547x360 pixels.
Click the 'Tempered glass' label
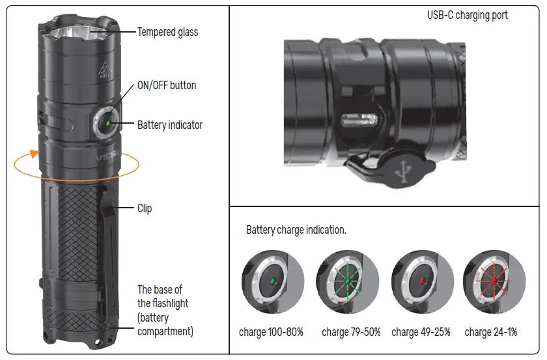point(167,31)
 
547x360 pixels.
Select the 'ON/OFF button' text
point(167,85)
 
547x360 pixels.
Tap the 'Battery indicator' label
point(170,125)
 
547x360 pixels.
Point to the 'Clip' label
point(145,208)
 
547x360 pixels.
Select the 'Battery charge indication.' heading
point(296,230)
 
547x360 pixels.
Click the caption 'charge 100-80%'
point(271,332)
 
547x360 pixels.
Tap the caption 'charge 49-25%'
point(421,332)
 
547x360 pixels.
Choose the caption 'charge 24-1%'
point(491,332)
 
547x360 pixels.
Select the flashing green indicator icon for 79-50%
point(347,280)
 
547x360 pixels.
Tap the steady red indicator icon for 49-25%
point(422,280)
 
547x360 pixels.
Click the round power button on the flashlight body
point(105,122)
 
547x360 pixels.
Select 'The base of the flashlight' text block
point(165,310)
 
